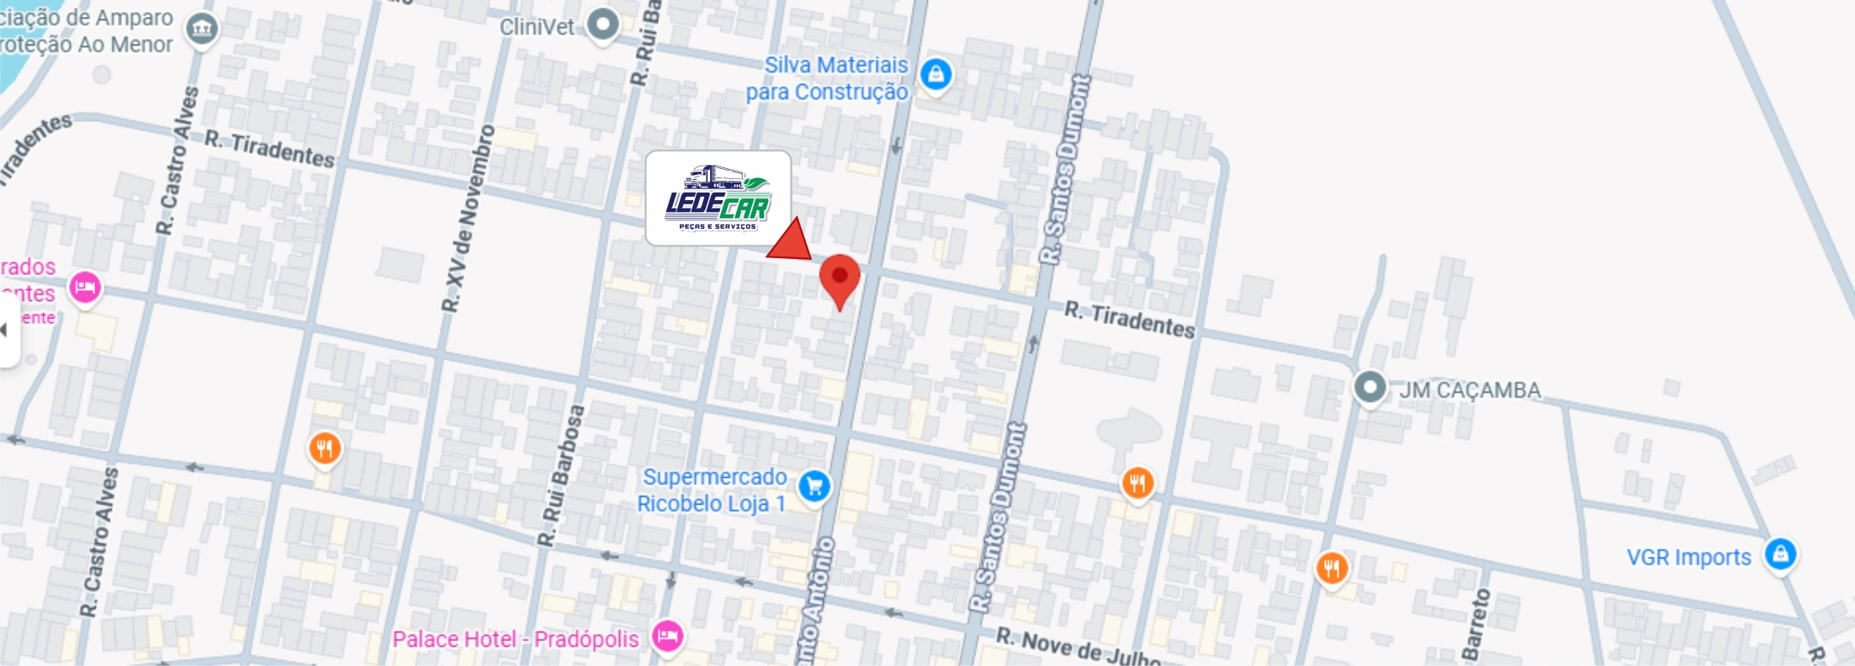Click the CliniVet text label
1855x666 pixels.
[x=537, y=27]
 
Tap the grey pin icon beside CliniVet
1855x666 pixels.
[x=602, y=24]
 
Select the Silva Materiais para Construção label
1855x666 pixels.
[x=828, y=78]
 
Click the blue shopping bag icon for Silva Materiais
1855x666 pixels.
[x=935, y=75]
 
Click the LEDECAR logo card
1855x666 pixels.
[x=718, y=198]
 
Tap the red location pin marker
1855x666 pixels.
[x=840, y=277]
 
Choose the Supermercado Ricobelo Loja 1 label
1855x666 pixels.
[x=713, y=490]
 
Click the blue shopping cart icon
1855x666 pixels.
[x=814, y=485]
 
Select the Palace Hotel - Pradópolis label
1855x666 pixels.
[x=516, y=639]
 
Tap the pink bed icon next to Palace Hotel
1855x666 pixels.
[x=667, y=635]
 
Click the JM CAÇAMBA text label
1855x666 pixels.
[x=1470, y=390]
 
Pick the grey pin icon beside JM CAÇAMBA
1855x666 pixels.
[x=1370, y=388]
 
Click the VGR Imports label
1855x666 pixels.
[x=1688, y=558]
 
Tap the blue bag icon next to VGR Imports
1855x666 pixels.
[x=1780, y=554]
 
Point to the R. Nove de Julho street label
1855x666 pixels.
[x=1079, y=646]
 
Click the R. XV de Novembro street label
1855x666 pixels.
[x=469, y=219]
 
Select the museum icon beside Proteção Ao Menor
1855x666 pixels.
[x=201, y=30]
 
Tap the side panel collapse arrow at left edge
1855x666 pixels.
[x=5, y=330]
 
